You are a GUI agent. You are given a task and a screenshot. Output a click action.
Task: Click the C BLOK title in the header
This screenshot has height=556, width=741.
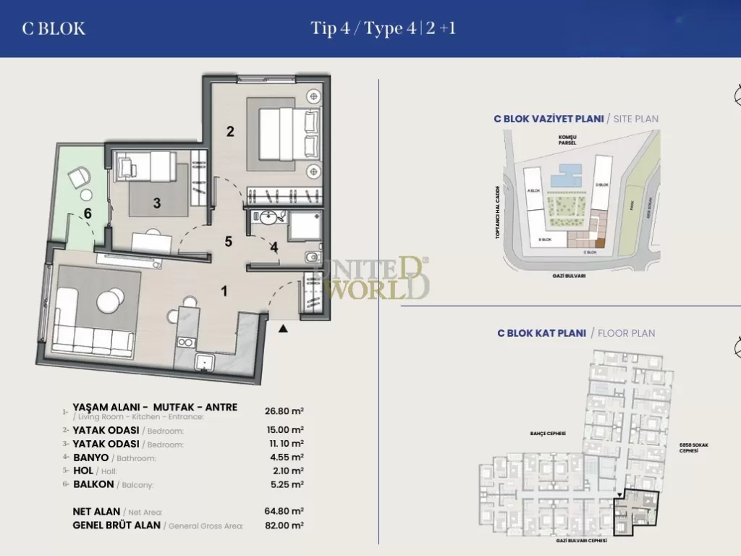click(54, 29)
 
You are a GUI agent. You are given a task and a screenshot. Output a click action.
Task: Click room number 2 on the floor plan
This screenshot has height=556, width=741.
click(230, 132)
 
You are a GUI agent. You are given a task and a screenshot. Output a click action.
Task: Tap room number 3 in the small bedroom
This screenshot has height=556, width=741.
click(157, 203)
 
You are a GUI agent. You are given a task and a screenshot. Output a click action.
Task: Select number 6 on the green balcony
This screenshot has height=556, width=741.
click(88, 214)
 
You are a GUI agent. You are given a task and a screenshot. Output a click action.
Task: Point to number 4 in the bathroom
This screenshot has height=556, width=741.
click(274, 247)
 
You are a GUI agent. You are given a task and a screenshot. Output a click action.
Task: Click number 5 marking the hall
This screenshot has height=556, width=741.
click(228, 242)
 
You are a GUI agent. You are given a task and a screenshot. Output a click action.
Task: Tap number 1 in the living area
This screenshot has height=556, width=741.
click(224, 291)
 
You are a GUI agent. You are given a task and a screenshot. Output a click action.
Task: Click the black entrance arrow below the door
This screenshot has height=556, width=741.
click(284, 329)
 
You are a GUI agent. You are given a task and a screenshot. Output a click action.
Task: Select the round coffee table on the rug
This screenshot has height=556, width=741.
click(111, 300)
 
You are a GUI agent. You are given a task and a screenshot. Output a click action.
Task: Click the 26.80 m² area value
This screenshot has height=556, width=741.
click(284, 410)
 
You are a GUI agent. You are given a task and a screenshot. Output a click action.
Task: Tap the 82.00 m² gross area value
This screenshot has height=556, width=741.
click(284, 526)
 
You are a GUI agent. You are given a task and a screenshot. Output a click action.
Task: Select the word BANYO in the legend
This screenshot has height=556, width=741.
click(91, 458)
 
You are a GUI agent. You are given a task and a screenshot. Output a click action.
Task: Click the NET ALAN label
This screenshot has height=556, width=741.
click(96, 511)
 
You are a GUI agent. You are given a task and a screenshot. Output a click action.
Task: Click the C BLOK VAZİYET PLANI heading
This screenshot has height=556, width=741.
click(549, 119)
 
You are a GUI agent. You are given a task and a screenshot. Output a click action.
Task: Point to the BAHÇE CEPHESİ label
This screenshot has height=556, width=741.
click(547, 434)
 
